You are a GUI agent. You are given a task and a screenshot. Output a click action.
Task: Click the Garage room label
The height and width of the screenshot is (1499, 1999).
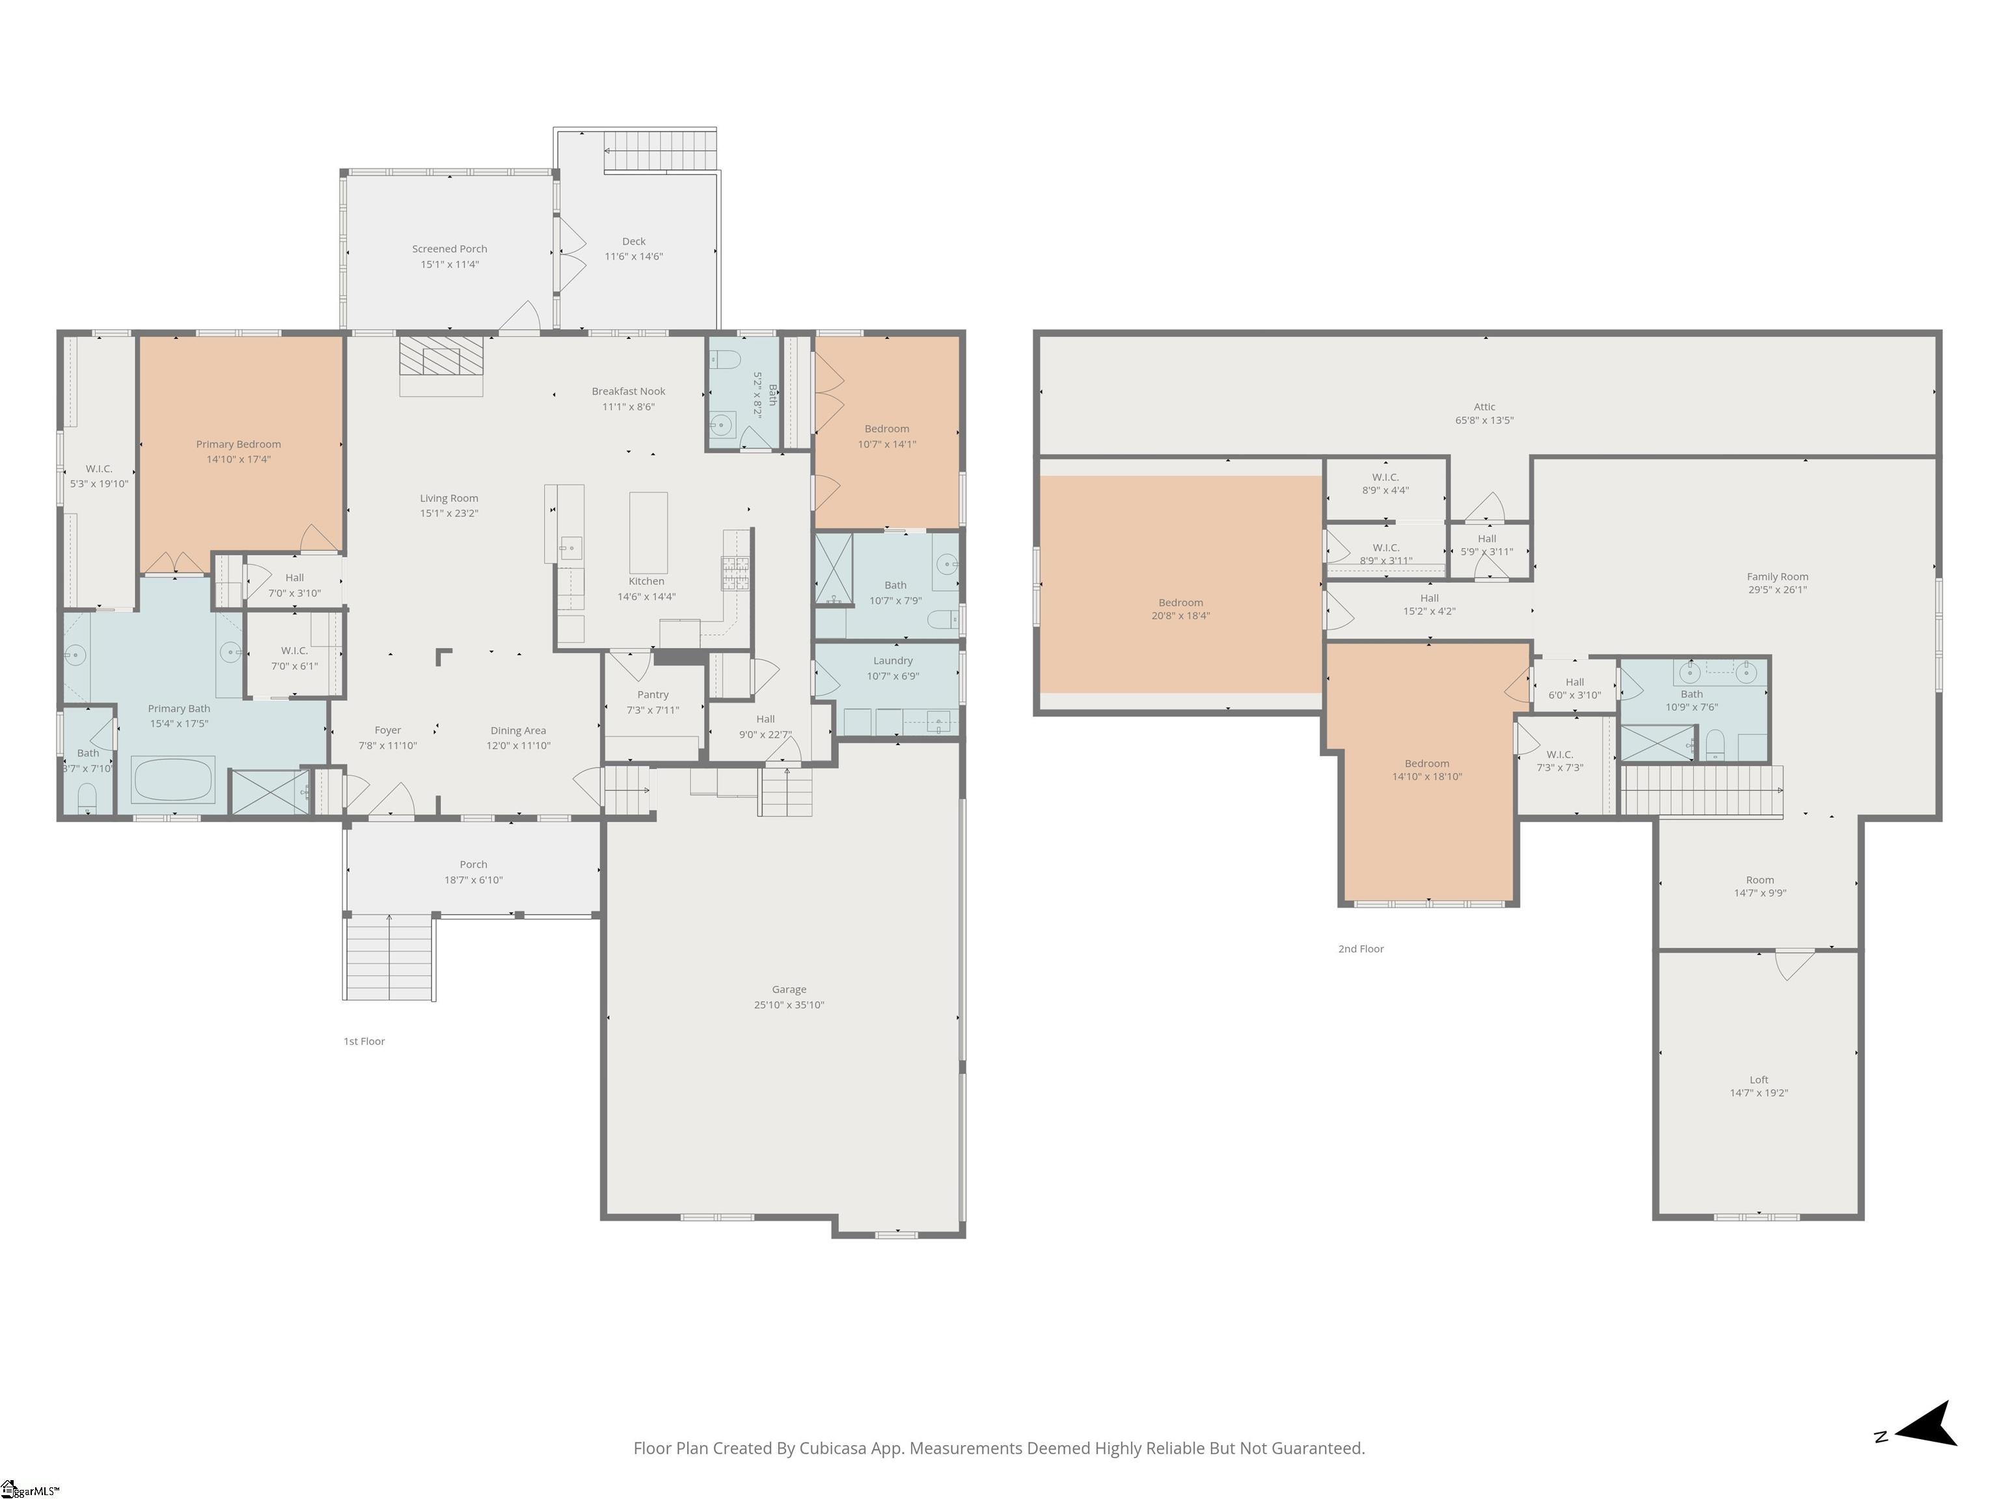pos(789,990)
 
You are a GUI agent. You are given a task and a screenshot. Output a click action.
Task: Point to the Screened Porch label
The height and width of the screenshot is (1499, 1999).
pos(449,249)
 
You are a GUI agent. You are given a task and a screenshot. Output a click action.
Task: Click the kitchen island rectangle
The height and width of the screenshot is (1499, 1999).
pos(648,532)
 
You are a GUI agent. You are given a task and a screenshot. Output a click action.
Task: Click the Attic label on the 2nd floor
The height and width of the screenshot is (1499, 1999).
pos(1484,407)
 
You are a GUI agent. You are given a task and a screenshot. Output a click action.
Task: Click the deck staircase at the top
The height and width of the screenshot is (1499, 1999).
pos(660,149)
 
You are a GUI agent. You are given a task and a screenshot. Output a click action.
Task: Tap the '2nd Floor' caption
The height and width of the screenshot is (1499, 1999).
pos(1360,949)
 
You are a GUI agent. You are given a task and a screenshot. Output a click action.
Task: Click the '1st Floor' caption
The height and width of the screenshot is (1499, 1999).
pos(364,1041)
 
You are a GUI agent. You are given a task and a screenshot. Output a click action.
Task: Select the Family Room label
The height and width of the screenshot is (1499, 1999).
pos(1776,576)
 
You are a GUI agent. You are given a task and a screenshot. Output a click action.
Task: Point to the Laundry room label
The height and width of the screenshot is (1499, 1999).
pos(893,660)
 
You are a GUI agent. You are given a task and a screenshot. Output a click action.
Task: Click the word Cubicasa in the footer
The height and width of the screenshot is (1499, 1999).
pos(832,1448)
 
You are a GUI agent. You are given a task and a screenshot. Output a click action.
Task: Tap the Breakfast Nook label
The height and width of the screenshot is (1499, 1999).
pos(628,391)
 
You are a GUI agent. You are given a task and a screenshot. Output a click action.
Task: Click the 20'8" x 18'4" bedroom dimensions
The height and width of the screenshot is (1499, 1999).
pos(1180,616)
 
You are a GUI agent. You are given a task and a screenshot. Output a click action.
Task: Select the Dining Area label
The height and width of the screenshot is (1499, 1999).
pos(518,730)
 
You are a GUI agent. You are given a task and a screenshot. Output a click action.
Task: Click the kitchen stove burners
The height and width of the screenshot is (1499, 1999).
pos(735,573)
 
